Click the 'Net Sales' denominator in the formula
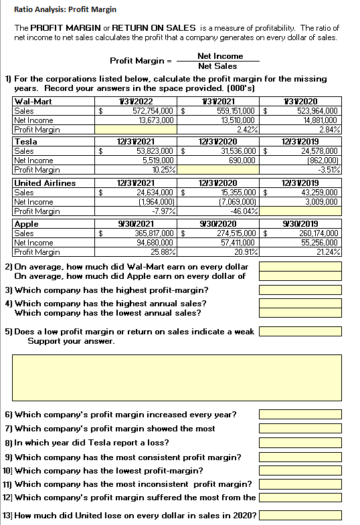pyautogui.click(x=217, y=66)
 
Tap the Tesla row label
pyautogui.click(x=26, y=142)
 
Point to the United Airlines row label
pyautogui.click(x=45, y=183)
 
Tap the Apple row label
pyautogui.click(x=27, y=225)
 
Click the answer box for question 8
pyautogui.click(x=300, y=442)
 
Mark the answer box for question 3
pyautogui.click(x=300, y=290)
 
